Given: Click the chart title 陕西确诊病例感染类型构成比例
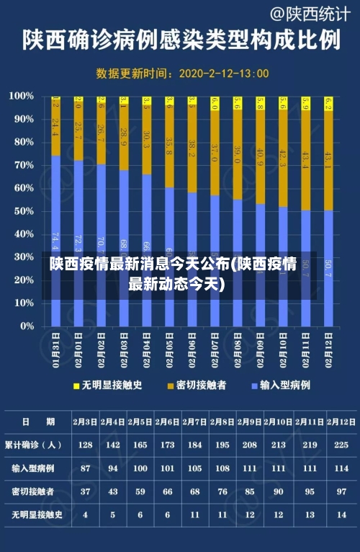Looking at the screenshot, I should coord(180,40).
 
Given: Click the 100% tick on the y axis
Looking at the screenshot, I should coord(22,96).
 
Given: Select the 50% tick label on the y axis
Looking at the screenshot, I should coord(23,211).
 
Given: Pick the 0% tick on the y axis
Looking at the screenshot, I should coord(26,326).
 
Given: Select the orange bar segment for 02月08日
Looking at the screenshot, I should coord(238,154).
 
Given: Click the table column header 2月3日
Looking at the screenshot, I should coord(86,422).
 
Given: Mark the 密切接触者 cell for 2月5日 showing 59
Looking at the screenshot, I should coord(140,491).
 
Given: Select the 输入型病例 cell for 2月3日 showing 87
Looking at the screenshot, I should coord(86,468).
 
